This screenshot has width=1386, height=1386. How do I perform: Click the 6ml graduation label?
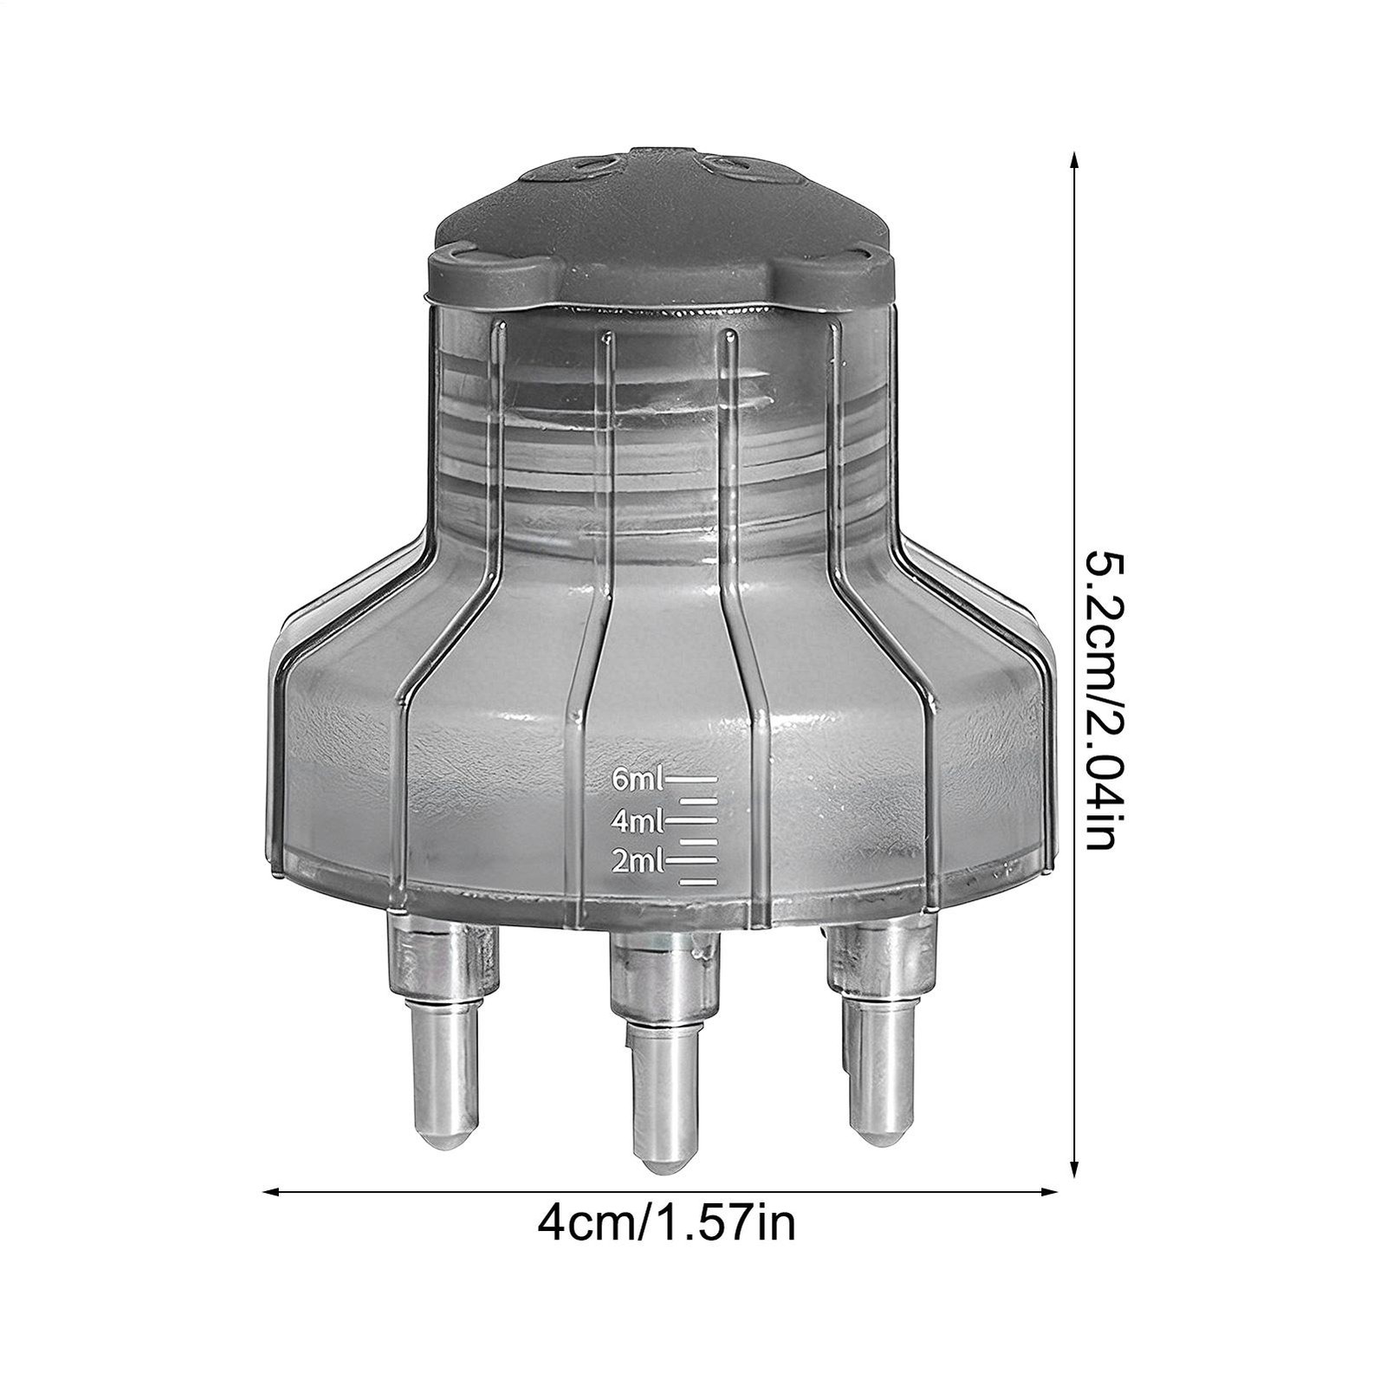[637, 780]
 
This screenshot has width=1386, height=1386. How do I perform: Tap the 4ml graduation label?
[638, 819]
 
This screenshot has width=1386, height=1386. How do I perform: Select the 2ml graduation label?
[638, 861]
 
